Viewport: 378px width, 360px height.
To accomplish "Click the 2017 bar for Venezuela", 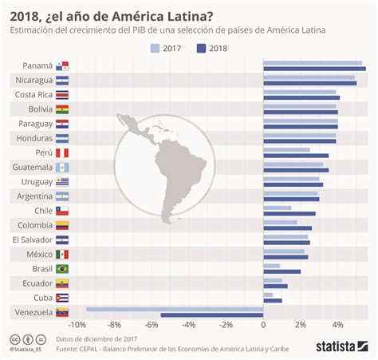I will click(x=175, y=308).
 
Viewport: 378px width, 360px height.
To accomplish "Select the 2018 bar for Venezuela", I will click(x=212, y=315).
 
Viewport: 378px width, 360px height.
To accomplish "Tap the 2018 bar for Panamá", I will click(x=314, y=69).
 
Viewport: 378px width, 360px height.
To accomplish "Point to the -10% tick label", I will click(x=77, y=325).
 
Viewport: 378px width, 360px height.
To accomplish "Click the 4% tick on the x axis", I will click(x=337, y=325).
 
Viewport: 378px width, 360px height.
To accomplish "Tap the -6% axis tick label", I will click(x=152, y=325).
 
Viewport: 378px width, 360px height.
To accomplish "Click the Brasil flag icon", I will click(x=62, y=269).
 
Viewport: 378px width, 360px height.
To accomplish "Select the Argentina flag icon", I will click(x=62, y=196).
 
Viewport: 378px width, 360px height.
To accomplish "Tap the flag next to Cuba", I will click(x=62, y=298).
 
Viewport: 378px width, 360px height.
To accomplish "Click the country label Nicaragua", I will click(x=33, y=80).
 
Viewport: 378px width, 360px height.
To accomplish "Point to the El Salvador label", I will click(x=32, y=239).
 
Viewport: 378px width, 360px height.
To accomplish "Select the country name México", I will click(x=38, y=254).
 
